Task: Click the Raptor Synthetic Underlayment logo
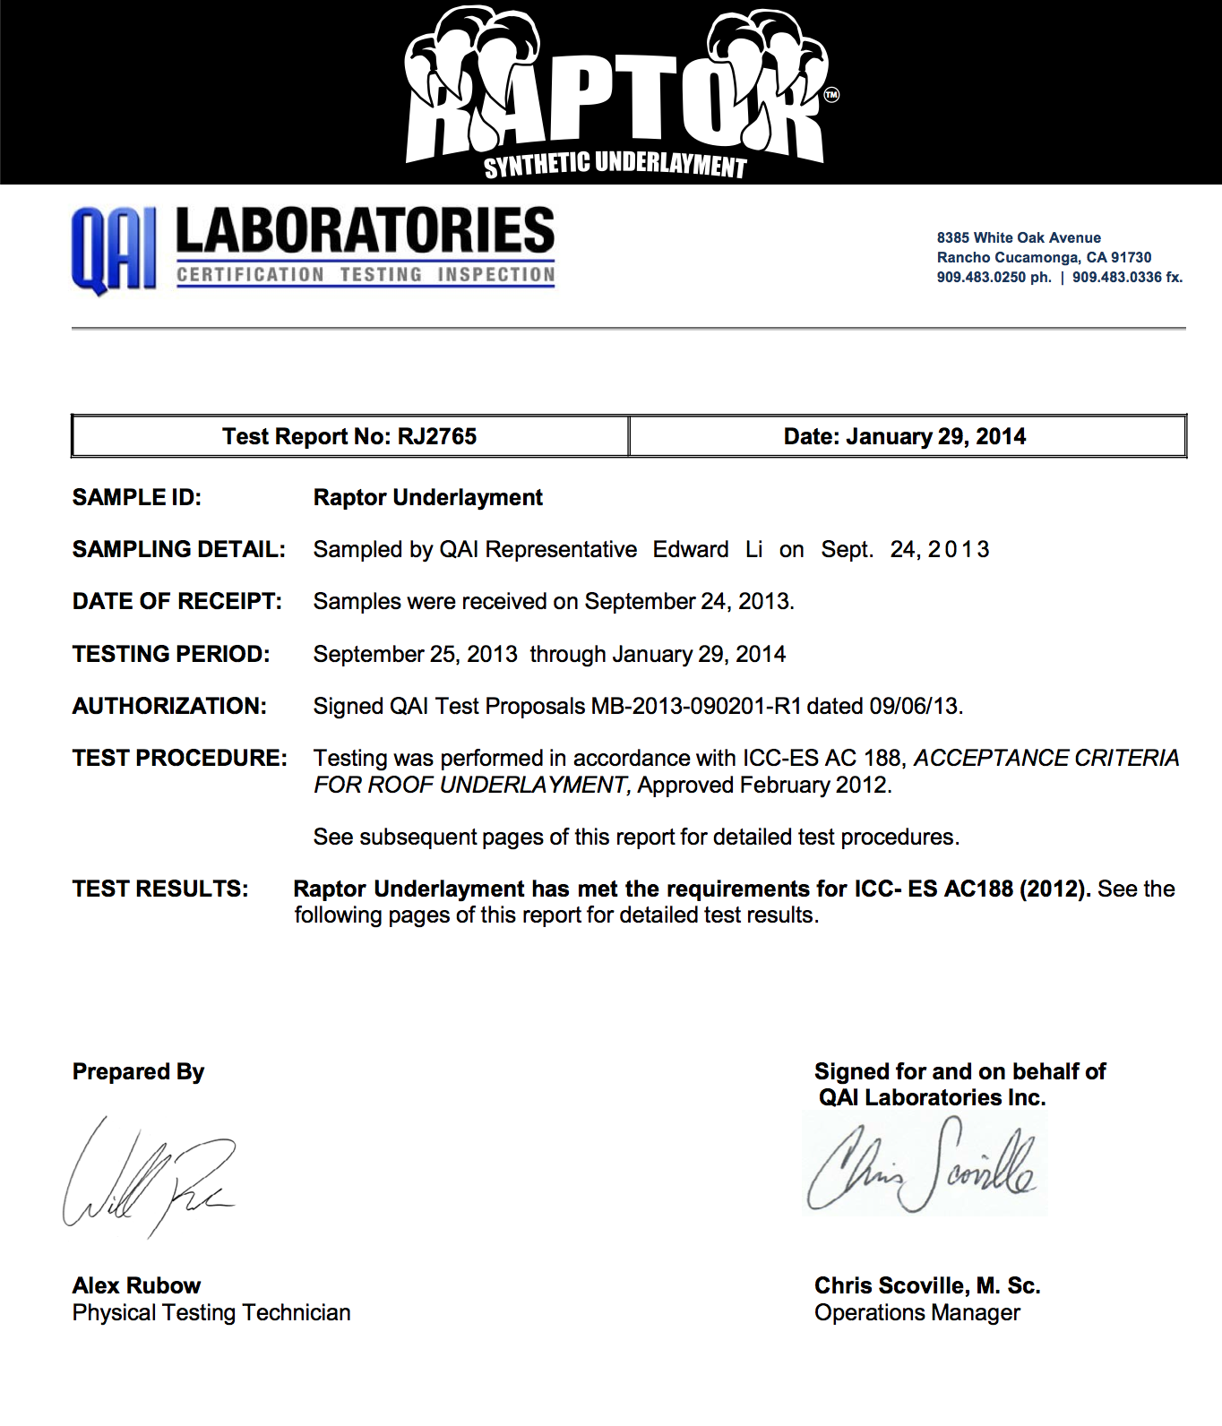click(x=616, y=94)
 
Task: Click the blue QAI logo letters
click(x=113, y=250)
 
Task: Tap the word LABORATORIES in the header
click(x=365, y=231)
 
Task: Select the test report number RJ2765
click(x=437, y=436)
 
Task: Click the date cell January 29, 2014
click(x=905, y=436)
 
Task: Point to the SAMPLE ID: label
click(x=137, y=497)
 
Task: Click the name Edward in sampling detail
click(x=690, y=549)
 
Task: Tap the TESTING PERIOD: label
click(x=171, y=654)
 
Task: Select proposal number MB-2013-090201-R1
click(x=695, y=706)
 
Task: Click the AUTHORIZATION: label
click(x=169, y=706)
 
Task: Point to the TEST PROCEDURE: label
click(x=180, y=758)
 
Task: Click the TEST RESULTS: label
click(x=160, y=889)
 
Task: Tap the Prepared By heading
click(x=138, y=1071)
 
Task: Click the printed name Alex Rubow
click(x=136, y=1285)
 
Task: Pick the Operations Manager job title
click(x=916, y=1312)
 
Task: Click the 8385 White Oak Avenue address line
click(x=1019, y=237)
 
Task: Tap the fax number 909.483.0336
click(x=1116, y=277)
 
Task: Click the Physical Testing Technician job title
click(x=211, y=1312)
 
